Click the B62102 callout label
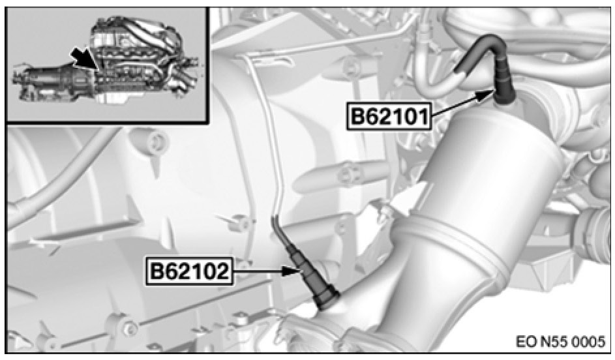[188, 271]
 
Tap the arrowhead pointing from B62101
[487, 95]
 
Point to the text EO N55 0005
[560, 341]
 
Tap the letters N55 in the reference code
[550, 341]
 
